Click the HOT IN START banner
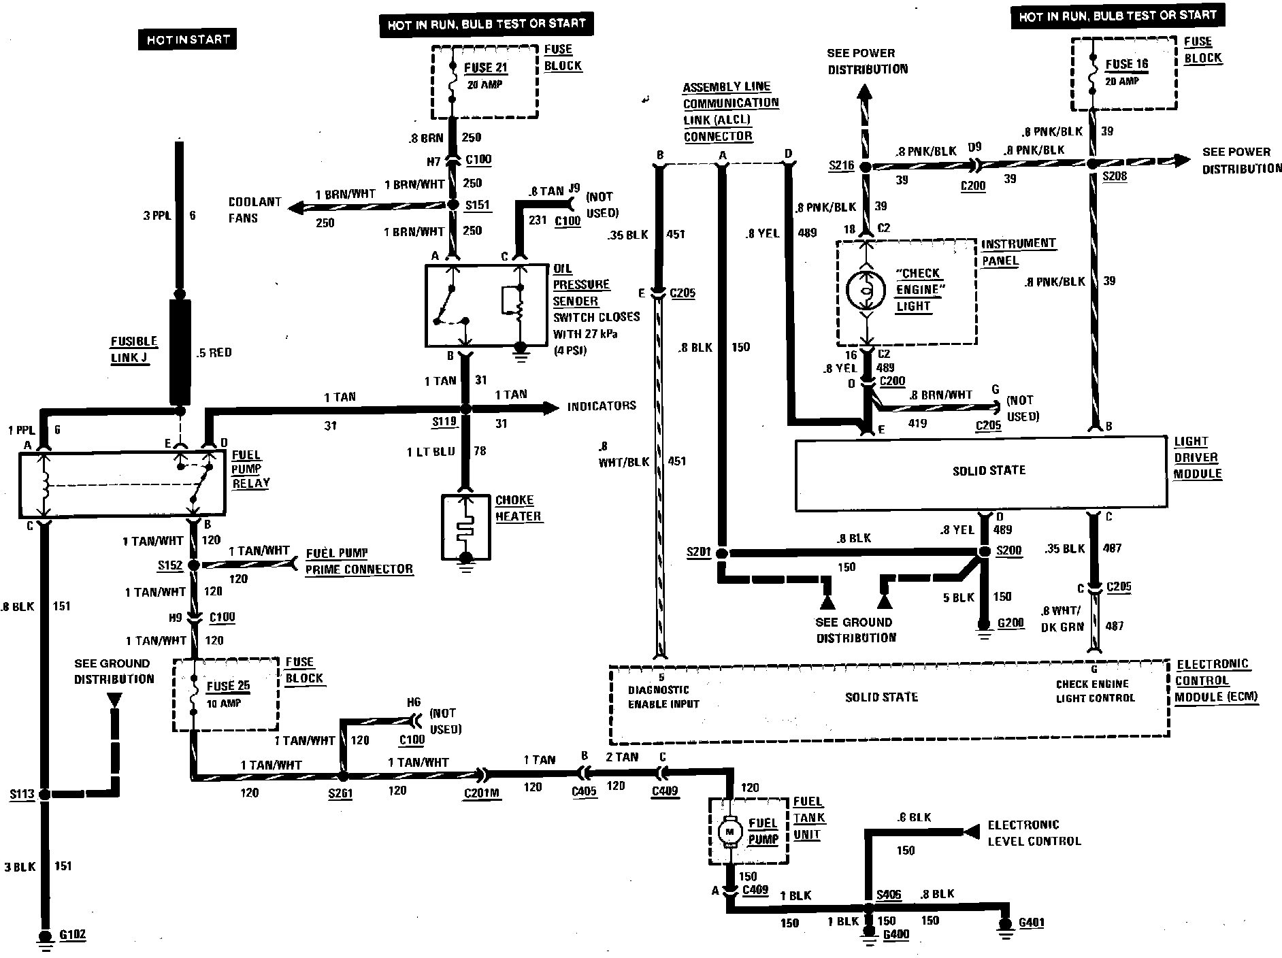coord(188,39)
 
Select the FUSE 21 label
coord(486,68)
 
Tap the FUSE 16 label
coord(1126,65)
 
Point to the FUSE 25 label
coord(228,686)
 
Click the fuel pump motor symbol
coord(731,831)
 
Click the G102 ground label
coord(73,934)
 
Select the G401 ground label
coord(1032,923)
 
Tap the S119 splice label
coord(444,423)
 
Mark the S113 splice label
coord(22,794)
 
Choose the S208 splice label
coord(1115,176)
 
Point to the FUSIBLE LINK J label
coord(134,350)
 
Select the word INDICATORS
coord(602,406)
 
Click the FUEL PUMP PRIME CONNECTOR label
coord(359,561)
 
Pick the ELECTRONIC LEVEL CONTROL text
coord(1034,833)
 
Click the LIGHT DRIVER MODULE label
coord(1198,457)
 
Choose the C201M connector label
coord(482,792)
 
